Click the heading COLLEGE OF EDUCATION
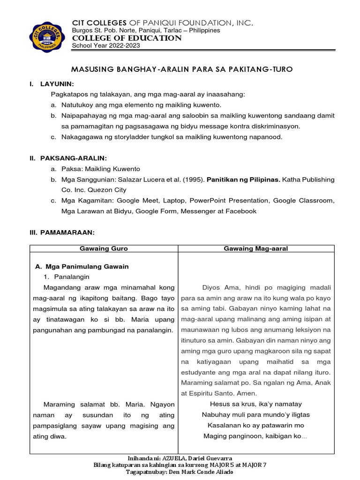126,38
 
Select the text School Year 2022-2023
105,45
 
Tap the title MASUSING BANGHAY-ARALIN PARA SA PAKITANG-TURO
181,69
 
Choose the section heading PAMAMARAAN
67,232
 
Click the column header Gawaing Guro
104,248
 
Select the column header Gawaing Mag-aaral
256,248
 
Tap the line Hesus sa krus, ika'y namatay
255,404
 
